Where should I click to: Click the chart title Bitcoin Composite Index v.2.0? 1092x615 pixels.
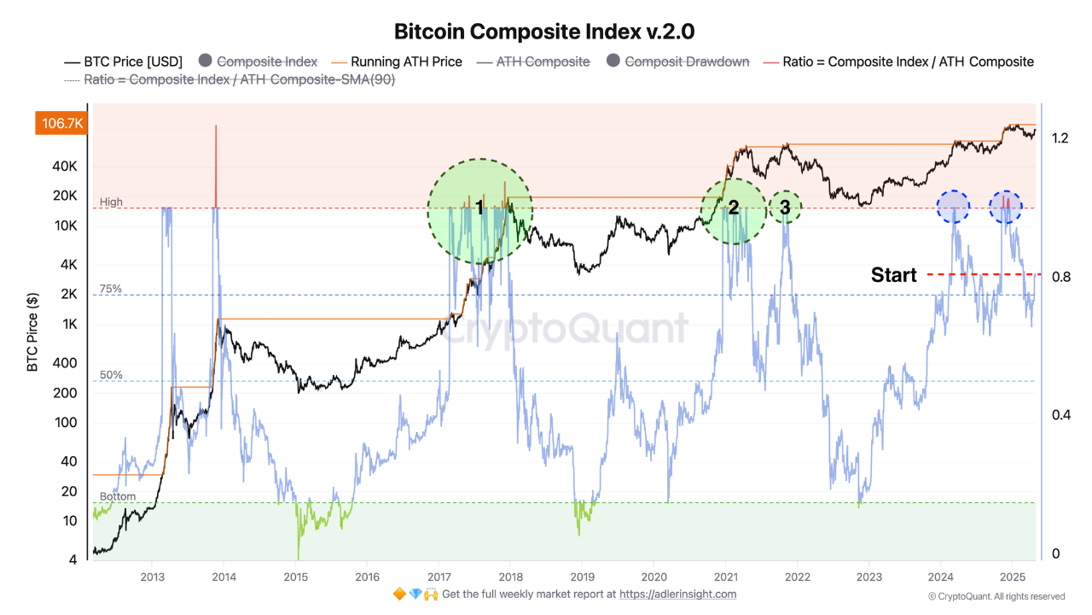tap(544, 32)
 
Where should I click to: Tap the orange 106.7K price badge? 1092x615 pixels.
tap(60, 124)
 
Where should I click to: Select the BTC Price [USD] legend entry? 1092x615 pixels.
tap(124, 61)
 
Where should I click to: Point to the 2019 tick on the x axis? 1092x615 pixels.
tap(582, 576)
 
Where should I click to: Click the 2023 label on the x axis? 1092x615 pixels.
tap(868, 576)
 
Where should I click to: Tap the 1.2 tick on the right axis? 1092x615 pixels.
tap(1060, 138)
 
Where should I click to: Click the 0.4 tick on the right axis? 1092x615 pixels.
tap(1060, 415)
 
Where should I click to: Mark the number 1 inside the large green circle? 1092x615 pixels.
tap(479, 208)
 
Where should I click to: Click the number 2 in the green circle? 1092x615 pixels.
tap(733, 208)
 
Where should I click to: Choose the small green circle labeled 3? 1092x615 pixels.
tap(785, 207)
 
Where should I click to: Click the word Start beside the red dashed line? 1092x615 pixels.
tap(893, 275)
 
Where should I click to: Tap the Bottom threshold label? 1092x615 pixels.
tap(117, 496)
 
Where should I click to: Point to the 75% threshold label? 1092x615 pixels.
tap(111, 290)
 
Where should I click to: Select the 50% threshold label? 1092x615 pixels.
tap(111, 375)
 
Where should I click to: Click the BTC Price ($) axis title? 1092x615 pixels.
tap(32, 332)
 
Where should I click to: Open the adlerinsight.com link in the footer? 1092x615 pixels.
tap(677, 594)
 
